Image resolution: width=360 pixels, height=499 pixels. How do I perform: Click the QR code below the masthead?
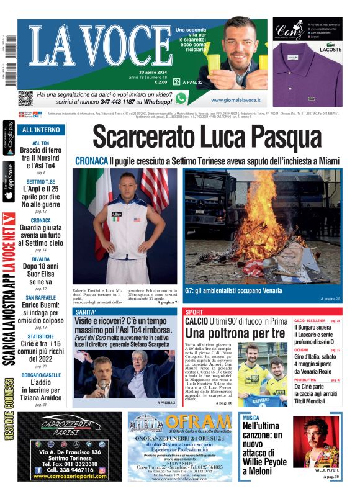coord(25,97)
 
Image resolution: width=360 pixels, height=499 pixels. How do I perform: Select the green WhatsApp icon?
coord(181,98)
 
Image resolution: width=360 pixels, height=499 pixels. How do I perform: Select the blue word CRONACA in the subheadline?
coord(91,161)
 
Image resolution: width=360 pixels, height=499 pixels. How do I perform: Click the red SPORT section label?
coord(194,312)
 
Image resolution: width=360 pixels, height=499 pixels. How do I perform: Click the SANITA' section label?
coord(85,312)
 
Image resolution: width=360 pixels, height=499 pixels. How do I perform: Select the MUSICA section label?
coord(251,418)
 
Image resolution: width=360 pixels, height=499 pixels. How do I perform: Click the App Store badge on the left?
coord(9,182)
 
